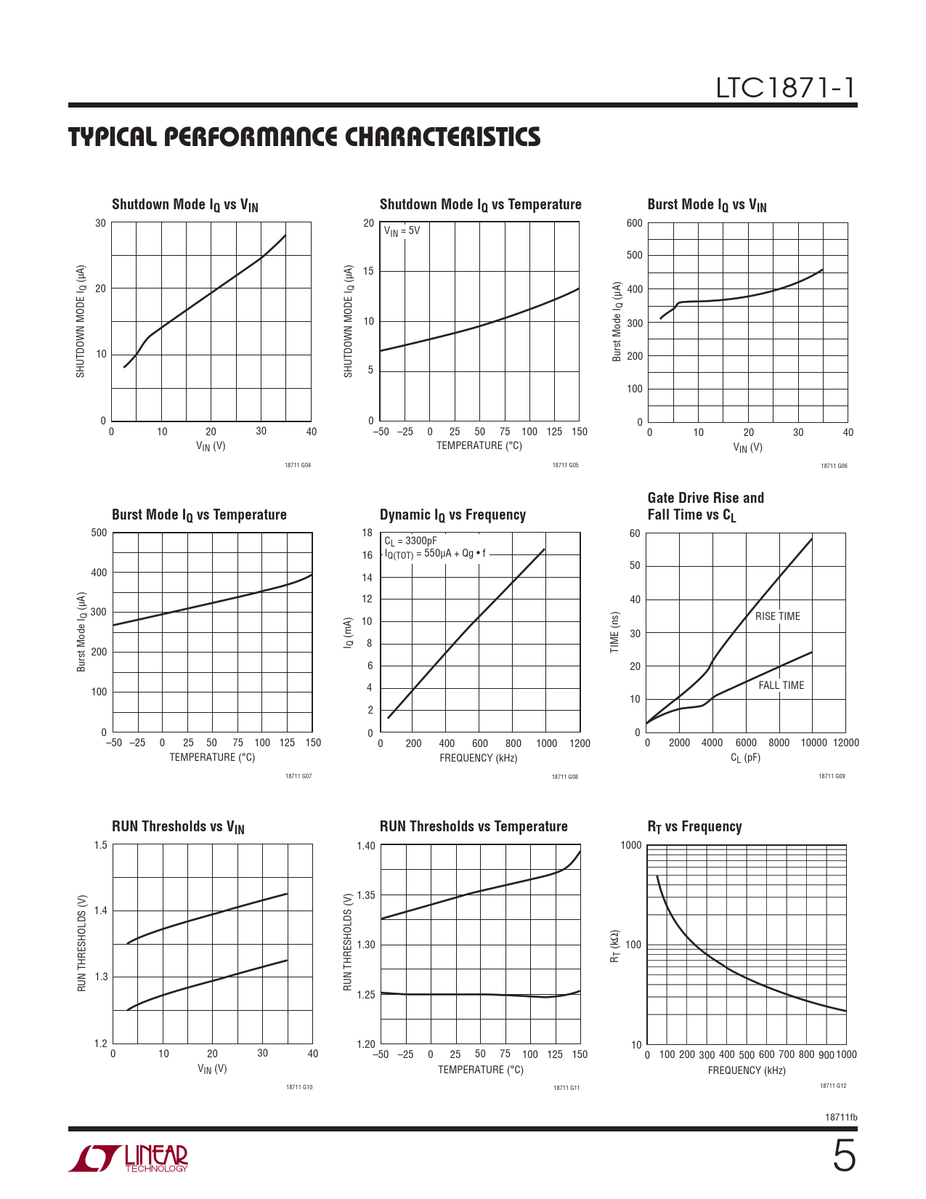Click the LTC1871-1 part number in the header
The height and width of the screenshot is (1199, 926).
786,88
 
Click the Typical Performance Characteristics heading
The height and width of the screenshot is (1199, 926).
304,137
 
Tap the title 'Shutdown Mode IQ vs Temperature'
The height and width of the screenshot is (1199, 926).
480,205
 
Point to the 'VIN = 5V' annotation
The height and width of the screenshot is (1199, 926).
402,231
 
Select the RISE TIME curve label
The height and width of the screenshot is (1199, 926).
777,616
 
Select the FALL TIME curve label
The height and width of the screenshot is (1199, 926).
781,685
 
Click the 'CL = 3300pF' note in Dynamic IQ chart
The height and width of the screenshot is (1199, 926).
410,541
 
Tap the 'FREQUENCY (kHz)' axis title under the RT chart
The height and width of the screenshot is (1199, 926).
747,1070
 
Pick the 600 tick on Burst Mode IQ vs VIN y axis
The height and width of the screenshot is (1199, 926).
634,223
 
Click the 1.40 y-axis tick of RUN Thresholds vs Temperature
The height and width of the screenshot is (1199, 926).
366,846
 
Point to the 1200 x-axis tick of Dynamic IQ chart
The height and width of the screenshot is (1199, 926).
580,743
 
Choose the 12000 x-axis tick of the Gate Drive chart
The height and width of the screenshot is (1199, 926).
845,743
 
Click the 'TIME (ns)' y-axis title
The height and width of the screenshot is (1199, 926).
614,631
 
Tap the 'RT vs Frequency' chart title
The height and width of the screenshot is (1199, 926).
694,827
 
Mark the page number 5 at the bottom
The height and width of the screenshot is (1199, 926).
843,1156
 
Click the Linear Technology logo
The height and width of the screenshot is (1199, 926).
129,1158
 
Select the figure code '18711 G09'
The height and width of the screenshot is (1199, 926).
832,776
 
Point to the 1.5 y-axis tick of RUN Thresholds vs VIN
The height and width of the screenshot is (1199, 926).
101,845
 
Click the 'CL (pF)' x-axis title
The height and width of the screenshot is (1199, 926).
745,758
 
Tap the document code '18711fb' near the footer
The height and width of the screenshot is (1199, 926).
841,1117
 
